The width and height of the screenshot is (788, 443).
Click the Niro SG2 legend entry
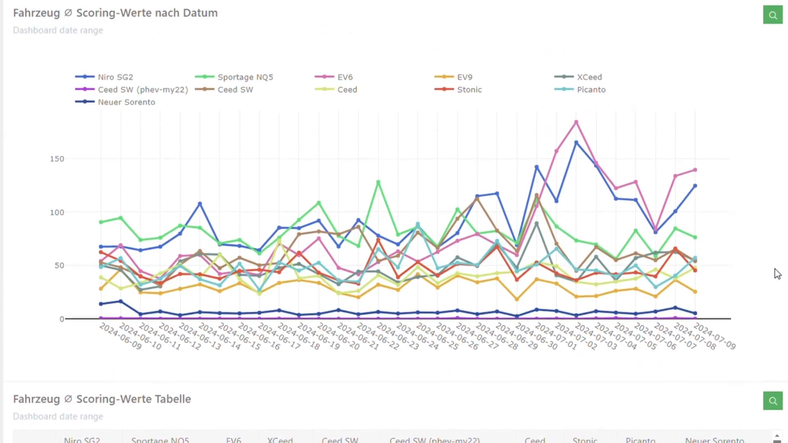(115, 77)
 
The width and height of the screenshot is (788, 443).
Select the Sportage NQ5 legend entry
(245, 77)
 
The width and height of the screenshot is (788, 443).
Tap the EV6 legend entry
(345, 77)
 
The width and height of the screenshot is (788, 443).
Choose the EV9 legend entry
(465, 77)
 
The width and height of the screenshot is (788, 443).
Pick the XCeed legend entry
(589, 77)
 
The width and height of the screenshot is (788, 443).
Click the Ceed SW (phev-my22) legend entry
(142, 90)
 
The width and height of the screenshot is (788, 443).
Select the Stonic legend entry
(469, 90)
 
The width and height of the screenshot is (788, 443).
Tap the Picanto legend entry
(591, 90)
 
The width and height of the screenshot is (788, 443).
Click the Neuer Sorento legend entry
(126, 102)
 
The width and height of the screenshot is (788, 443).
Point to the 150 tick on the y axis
(57, 159)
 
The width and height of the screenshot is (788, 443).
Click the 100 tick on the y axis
(57, 212)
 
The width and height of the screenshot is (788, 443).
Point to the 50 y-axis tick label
(59, 266)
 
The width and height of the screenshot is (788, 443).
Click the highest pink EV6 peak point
(576, 122)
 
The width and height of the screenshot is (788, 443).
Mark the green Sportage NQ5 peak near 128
(378, 182)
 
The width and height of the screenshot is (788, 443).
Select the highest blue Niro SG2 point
(576, 143)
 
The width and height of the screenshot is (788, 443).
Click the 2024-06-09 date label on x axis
(120, 337)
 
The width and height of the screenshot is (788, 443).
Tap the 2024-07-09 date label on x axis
(715, 337)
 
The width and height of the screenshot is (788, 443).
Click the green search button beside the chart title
(773, 15)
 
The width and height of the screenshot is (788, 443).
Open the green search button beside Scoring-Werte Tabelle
(773, 401)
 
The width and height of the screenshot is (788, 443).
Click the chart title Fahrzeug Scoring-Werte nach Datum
(115, 13)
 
